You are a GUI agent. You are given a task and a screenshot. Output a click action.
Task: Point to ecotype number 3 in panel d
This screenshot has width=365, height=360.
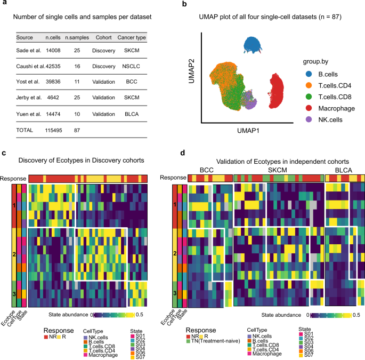coord(174,293)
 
